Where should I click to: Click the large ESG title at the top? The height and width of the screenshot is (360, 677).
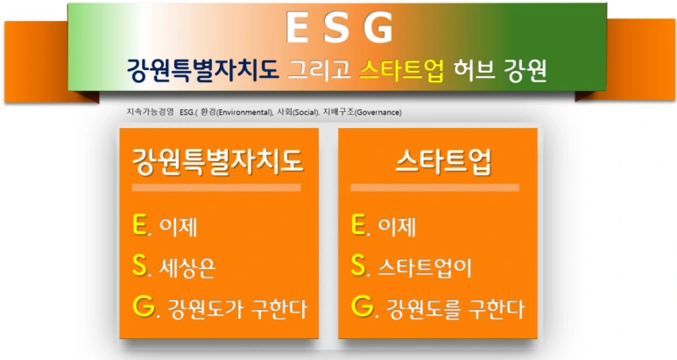tap(339, 28)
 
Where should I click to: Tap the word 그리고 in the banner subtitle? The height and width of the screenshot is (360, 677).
tap(321, 70)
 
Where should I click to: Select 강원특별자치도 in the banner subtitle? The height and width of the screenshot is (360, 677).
tap(201, 70)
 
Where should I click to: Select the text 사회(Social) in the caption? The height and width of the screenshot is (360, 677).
tap(297, 113)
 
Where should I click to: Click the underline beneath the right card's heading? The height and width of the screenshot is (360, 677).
tap(434, 187)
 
